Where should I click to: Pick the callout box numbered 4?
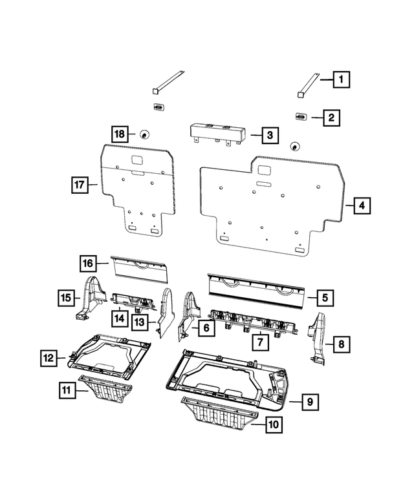click(x=362, y=206)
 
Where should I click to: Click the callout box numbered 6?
click(x=204, y=328)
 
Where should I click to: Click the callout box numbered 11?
click(x=65, y=390)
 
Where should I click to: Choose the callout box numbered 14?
click(x=119, y=317)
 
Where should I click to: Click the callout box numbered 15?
click(x=65, y=298)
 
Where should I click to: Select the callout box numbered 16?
click(x=89, y=264)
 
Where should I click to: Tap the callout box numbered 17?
click(x=78, y=185)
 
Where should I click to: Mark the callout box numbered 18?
click(x=120, y=134)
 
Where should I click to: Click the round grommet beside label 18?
click(x=144, y=134)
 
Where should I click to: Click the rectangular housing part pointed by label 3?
click(x=217, y=133)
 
